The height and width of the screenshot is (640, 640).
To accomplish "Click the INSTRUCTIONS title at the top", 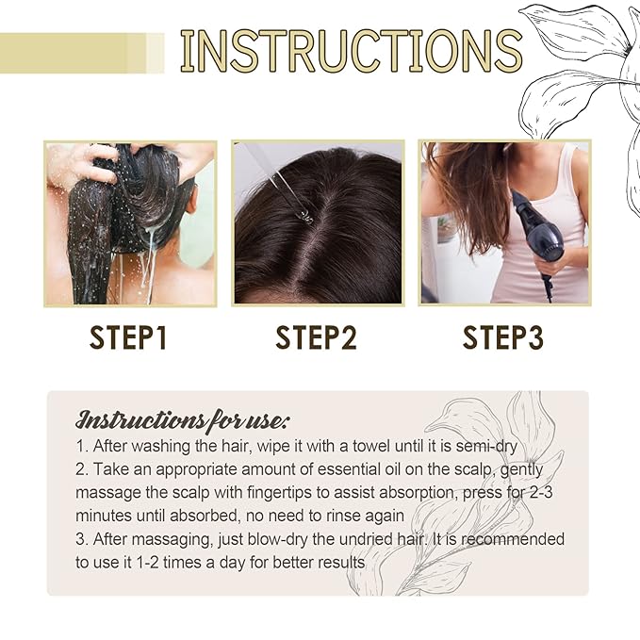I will (x=351, y=52).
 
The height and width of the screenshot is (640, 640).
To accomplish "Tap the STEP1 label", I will (x=128, y=337).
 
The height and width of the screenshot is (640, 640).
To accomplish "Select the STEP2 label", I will (x=317, y=337).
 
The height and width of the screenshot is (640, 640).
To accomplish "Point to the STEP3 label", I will (x=503, y=337).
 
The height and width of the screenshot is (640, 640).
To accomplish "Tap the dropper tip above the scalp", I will (x=304, y=214).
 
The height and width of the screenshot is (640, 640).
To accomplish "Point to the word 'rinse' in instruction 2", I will (x=353, y=516).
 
